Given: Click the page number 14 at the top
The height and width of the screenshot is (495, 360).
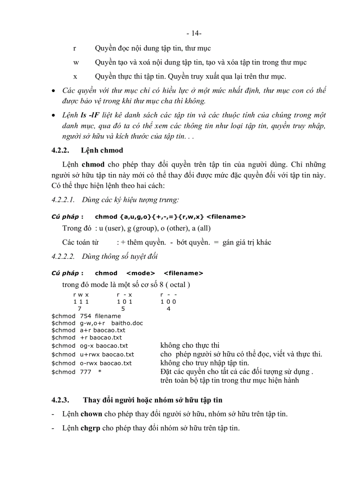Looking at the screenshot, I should (195, 33).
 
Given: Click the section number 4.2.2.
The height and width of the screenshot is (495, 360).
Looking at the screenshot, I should (60, 151).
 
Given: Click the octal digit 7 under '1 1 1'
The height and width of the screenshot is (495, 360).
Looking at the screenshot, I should (79, 309).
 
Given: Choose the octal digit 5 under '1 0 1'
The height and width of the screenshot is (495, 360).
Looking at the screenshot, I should (123, 309).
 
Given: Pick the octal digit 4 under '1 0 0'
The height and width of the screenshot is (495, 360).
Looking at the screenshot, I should (168, 309).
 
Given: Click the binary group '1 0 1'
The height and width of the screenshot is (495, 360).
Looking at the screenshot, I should (124, 301).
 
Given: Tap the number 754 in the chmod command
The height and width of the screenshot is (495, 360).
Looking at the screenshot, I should (86, 316).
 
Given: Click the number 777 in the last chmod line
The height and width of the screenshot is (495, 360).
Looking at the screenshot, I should (86, 372).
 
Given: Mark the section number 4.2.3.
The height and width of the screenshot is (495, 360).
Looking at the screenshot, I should (60, 400).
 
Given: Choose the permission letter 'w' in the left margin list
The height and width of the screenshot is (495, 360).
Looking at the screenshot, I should (76, 62).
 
